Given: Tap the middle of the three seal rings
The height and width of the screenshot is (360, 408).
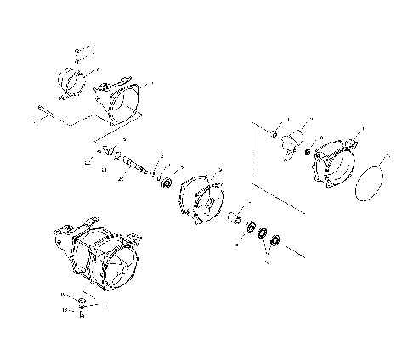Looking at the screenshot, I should click(263, 232).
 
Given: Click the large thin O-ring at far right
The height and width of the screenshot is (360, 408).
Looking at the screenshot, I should click(371, 183).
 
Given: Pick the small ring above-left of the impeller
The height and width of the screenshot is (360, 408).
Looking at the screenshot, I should click(275, 134).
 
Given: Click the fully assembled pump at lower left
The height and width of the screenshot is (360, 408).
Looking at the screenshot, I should click(93, 255).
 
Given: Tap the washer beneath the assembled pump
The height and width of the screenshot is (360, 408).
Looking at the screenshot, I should click(82, 301).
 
